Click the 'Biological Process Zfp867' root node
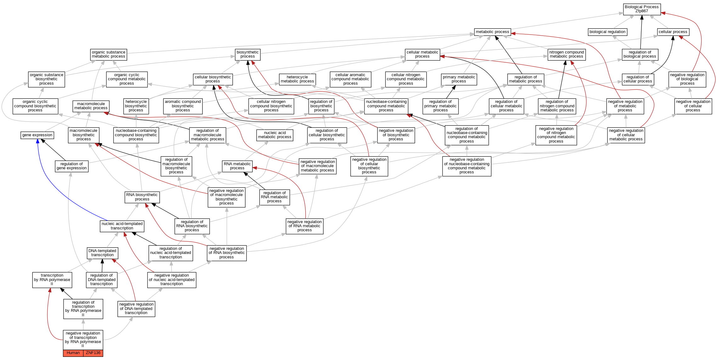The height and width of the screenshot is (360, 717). tap(641, 9)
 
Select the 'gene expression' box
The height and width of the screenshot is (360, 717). tap(37, 135)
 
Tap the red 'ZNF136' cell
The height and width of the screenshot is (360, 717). tap(93, 353)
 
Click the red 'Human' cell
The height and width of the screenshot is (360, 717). tap(73, 353)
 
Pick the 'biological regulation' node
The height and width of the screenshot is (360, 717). tap(607, 32)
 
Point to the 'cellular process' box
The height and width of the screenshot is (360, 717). tap(673, 32)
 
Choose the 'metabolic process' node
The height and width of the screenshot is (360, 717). tap(492, 32)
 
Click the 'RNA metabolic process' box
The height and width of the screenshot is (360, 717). tap(237, 166)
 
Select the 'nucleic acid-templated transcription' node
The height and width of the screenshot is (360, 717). tap(122, 226)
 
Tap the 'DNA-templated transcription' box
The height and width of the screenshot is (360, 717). tap(102, 253)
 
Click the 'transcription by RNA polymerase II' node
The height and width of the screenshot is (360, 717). tap(52, 280)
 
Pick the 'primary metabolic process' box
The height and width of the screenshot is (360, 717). tap(459, 79)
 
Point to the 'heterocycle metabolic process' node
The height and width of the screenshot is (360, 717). tap(297, 79)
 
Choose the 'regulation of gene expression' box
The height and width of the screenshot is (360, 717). tap(72, 166)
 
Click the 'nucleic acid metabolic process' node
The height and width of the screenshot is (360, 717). tap(275, 135)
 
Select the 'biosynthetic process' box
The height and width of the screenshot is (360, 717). tap(247, 54)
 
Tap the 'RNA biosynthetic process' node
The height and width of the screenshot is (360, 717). tap(142, 197)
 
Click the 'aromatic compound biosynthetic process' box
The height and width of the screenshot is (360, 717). tap(183, 106)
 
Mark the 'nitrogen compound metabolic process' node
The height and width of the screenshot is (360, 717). tap(566, 54)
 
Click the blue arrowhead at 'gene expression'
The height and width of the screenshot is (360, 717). tap(38, 141)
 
